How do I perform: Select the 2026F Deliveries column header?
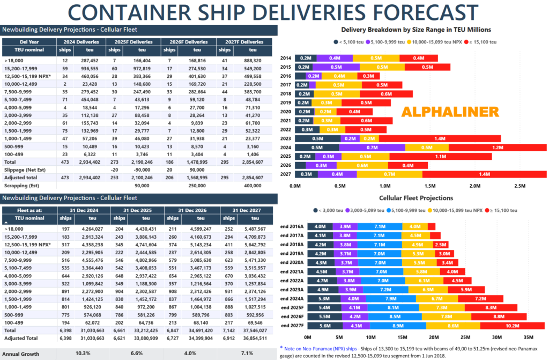[x=190, y=41]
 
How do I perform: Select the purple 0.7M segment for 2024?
[x=372, y=148]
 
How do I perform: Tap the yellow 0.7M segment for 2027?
[x=389, y=174]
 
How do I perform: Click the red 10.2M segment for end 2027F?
[x=512, y=326]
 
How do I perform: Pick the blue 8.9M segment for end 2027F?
[x=398, y=326]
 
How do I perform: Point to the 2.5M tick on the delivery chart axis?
[x=519, y=185]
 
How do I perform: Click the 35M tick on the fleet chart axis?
[x=530, y=337]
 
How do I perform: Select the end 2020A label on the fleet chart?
[x=293, y=262]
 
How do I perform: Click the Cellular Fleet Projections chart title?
[x=416, y=198]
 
